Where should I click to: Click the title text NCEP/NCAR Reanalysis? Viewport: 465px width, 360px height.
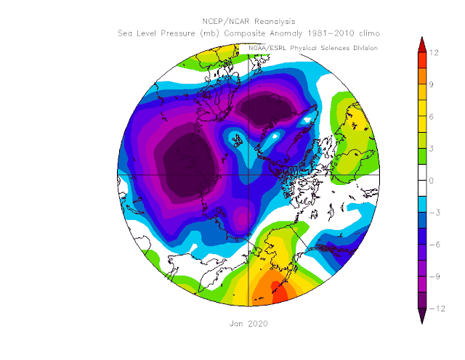pyautogui.click(x=248, y=22)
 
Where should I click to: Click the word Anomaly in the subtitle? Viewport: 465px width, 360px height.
pyautogui.click(x=286, y=33)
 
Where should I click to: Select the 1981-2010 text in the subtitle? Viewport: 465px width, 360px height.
pyautogui.click(x=331, y=33)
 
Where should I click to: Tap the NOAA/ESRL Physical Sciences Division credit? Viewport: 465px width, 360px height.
pyautogui.click(x=313, y=48)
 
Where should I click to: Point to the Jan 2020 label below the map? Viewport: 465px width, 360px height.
pyautogui.click(x=248, y=324)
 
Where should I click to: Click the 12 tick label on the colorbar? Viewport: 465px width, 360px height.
pyautogui.click(x=434, y=53)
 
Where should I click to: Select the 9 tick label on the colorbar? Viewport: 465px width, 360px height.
pyautogui.click(x=431, y=85)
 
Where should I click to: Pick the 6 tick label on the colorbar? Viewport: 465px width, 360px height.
pyautogui.click(x=431, y=117)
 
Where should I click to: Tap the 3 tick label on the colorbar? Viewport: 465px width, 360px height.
pyautogui.click(x=431, y=149)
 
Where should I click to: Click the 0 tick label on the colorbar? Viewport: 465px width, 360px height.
pyautogui.click(x=431, y=181)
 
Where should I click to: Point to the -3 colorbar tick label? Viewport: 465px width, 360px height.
pyautogui.click(x=434, y=213)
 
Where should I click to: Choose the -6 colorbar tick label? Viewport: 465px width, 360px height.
pyautogui.click(x=434, y=245)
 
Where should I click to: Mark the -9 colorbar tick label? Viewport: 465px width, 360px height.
pyautogui.click(x=434, y=277)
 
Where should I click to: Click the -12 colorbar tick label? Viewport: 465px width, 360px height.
pyautogui.click(x=437, y=308)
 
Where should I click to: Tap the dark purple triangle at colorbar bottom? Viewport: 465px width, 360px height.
pyautogui.click(x=422, y=315)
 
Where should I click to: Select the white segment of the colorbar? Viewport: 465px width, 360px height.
pyautogui.click(x=422, y=181)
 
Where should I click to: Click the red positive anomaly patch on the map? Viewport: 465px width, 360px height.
pyautogui.click(x=280, y=292)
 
